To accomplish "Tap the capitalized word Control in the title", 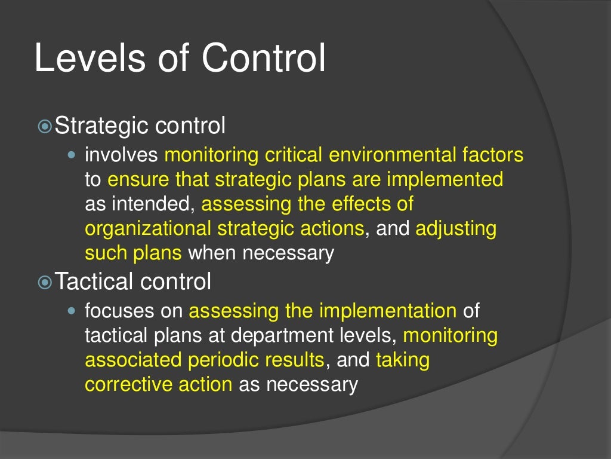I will click(264, 60).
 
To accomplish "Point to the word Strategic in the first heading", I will click(101, 127).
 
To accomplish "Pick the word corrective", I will click(128, 384).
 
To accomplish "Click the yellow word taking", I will click(403, 360).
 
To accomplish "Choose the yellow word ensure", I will click(138, 179).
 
